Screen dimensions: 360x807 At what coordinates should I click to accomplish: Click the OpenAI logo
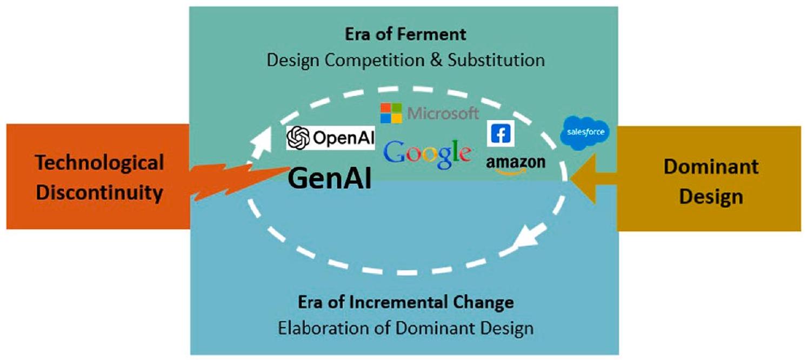click(330, 138)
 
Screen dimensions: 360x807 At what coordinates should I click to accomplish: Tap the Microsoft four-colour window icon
click(391, 113)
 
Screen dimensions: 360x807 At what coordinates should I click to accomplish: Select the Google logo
click(427, 154)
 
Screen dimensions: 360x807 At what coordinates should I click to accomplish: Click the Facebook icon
click(500, 134)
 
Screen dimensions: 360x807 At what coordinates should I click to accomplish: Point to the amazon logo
click(516, 163)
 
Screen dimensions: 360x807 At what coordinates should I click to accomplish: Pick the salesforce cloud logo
click(584, 132)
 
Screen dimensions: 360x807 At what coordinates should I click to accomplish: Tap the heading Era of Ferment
click(405, 34)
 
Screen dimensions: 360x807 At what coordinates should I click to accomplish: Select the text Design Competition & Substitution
click(405, 59)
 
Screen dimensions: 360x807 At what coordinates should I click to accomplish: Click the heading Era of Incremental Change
click(405, 302)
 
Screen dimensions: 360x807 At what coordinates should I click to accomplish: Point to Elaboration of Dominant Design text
click(405, 328)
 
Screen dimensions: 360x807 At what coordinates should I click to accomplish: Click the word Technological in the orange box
click(99, 162)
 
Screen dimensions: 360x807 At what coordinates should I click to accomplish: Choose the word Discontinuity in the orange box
click(99, 192)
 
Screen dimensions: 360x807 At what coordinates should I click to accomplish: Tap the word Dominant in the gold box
click(711, 166)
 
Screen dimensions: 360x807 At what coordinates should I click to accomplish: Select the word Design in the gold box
click(711, 197)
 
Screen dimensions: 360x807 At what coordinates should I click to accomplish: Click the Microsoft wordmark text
click(443, 113)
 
